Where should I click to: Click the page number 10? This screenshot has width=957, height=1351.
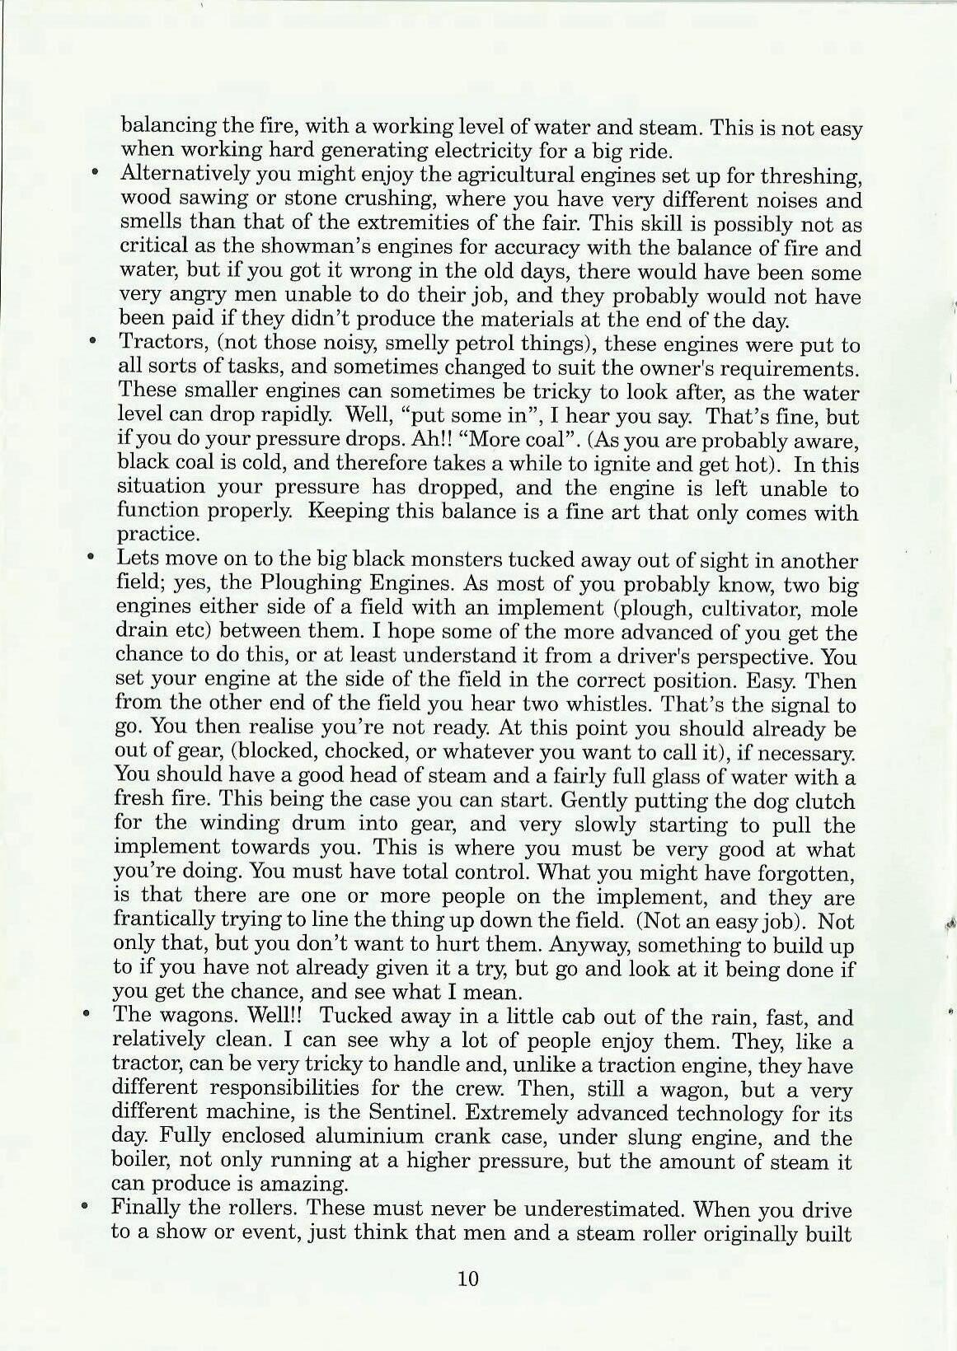point(467,1279)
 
